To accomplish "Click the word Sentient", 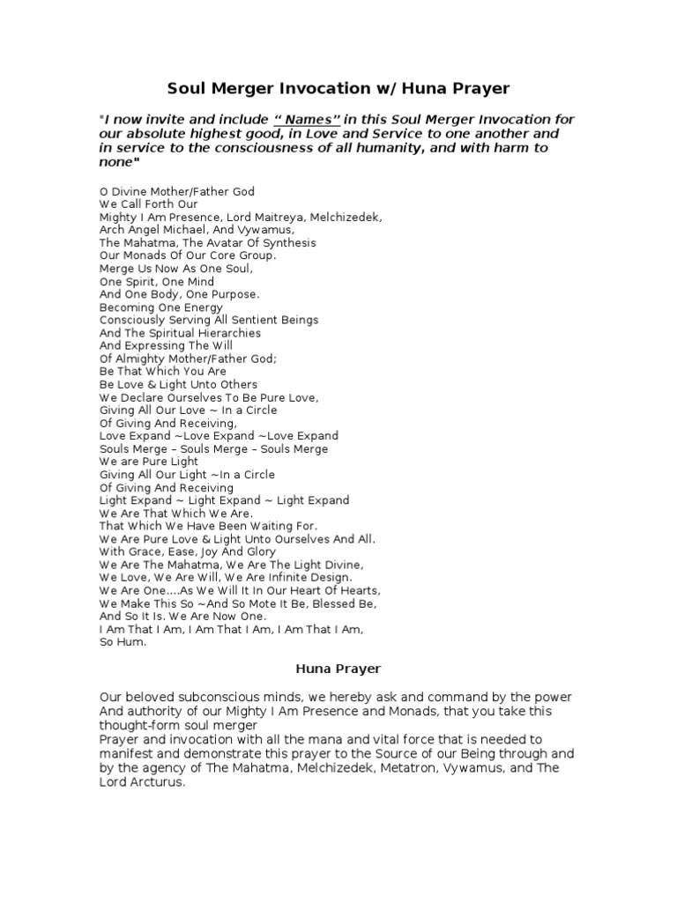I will tap(259, 320).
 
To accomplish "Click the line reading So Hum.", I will tap(123, 642).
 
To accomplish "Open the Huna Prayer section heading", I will tap(338, 669).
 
